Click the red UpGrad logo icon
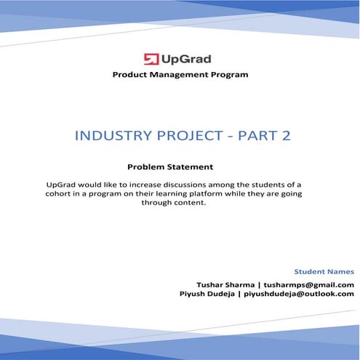(152, 59)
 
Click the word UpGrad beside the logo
(186, 59)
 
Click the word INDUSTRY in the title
(112, 136)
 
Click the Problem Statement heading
(169, 166)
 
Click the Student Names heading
(324, 271)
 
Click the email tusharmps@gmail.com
(309, 284)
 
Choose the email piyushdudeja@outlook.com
(299, 294)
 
